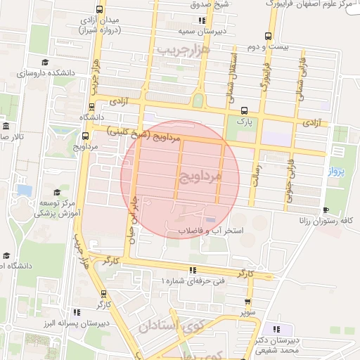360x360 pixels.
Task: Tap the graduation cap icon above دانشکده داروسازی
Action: click(x=45, y=63)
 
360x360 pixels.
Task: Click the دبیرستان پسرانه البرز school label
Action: click(x=67, y=326)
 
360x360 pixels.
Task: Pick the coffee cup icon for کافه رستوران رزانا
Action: click(x=325, y=210)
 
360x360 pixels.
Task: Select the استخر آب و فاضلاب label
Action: click(x=210, y=231)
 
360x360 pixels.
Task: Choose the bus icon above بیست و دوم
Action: click(x=266, y=37)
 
